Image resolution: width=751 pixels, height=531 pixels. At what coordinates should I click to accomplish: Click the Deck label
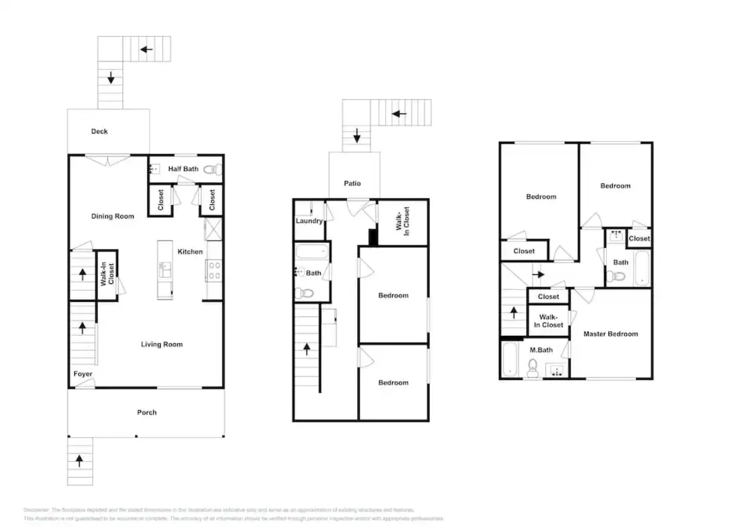click(x=99, y=131)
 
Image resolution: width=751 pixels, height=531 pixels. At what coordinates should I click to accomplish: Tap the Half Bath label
click(x=183, y=169)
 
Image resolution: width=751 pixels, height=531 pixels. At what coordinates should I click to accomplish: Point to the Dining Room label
click(x=113, y=216)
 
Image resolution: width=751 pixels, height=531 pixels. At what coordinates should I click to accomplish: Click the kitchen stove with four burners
click(x=214, y=270)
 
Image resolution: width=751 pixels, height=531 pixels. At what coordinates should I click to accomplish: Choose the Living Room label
click(x=162, y=344)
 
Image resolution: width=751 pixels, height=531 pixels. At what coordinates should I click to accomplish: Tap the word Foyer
click(x=83, y=374)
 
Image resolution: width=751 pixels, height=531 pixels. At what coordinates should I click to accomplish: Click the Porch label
click(x=146, y=413)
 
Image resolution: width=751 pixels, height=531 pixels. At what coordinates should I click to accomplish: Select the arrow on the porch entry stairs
click(x=79, y=461)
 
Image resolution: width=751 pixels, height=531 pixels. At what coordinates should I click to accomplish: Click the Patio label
click(x=352, y=183)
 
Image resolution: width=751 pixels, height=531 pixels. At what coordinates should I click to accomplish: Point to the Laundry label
click(x=309, y=221)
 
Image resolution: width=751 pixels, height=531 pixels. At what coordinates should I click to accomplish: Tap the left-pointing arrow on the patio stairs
click(x=399, y=114)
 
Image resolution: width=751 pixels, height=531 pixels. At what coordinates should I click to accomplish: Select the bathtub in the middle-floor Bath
click(x=312, y=252)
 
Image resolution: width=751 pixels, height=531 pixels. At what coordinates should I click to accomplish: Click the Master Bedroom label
click(x=610, y=334)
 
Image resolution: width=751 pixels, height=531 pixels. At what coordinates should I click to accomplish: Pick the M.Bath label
click(x=541, y=350)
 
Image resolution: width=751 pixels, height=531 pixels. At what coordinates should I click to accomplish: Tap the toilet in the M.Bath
click(x=532, y=366)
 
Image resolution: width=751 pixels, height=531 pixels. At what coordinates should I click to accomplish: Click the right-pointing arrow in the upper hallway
click(x=539, y=274)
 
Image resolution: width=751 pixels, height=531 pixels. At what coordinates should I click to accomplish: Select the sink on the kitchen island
click(x=165, y=269)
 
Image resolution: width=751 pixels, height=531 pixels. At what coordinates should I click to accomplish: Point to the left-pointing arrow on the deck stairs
click(x=146, y=49)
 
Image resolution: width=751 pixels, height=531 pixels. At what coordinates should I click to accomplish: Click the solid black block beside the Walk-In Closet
click(x=373, y=237)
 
